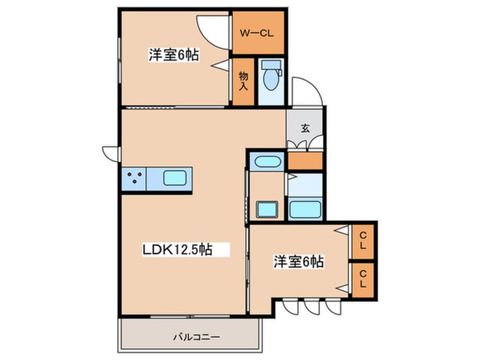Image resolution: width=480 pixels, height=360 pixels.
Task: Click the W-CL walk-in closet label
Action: tap(256, 33)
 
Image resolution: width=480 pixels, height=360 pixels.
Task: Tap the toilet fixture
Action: tap(271, 75)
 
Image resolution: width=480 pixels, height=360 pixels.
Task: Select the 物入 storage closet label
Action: tap(243, 81)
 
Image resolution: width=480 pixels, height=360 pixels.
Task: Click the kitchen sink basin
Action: tap(175, 178)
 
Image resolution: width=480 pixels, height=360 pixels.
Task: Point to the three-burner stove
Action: tap(134, 178)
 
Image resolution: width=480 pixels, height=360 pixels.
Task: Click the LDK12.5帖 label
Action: tap(178, 249)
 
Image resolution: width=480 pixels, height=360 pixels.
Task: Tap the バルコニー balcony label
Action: tap(196, 337)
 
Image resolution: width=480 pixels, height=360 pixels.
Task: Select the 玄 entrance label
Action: tap(305, 128)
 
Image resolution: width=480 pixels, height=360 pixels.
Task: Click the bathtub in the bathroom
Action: tap(305, 210)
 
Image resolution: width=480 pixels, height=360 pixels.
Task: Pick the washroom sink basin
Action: tap(267, 210)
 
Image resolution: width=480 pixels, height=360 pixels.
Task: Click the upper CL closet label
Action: tap(363, 241)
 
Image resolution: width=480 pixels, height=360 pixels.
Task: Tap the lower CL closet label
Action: tap(363, 279)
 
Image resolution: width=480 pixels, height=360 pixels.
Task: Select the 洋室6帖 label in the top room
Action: tap(174, 55)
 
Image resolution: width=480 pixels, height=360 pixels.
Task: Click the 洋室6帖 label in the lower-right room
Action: tap(298, 262)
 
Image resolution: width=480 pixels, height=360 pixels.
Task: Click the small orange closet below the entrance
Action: tap(305, 161)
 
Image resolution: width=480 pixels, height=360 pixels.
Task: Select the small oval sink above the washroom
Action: tap(268, 161)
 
